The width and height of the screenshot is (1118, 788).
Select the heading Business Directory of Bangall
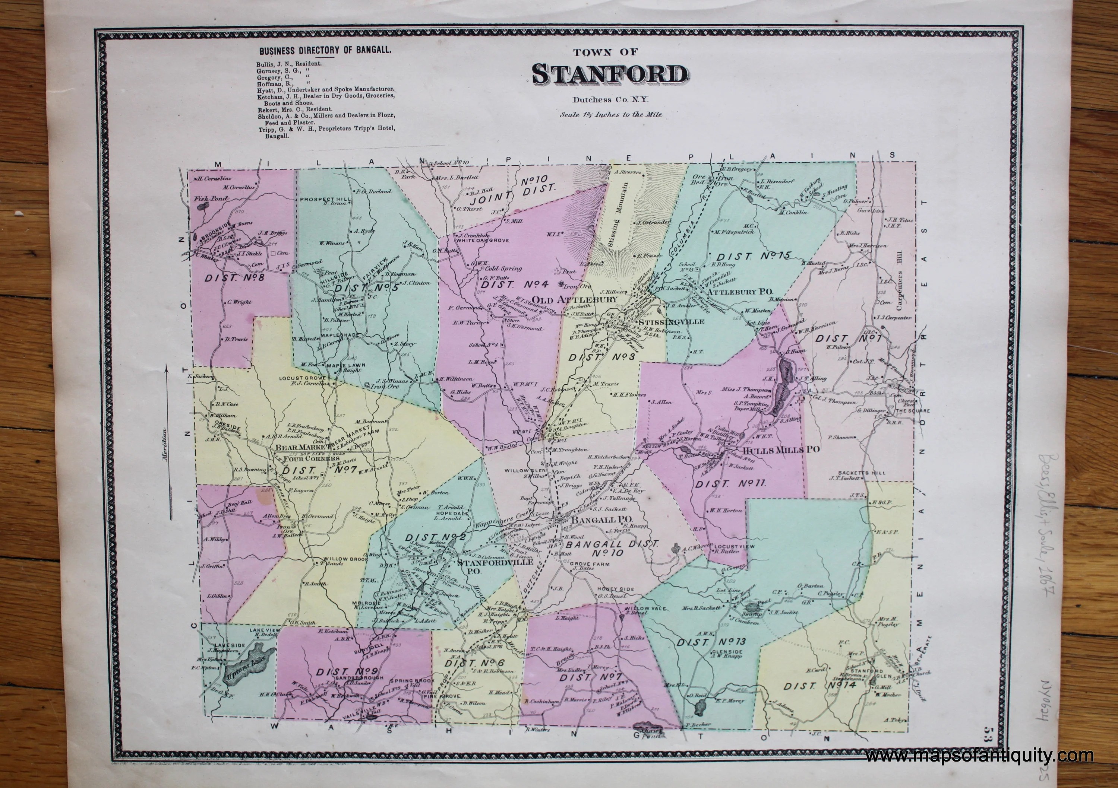(x=326, y=50)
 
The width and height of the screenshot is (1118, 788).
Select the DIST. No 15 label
(x=753, y=255)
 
